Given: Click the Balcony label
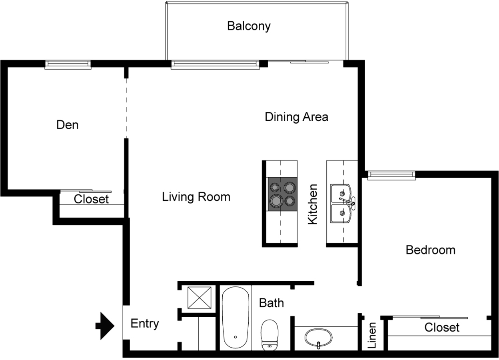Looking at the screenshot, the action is tap(249, 26).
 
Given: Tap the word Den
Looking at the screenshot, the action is tap(67, 125).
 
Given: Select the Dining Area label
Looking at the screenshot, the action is tap(297, 117).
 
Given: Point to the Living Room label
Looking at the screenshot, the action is tap(196, 197).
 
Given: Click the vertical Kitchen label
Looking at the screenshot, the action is tap(313, 204).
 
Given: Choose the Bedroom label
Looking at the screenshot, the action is tap(431, 250).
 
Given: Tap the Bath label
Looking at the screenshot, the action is tap(271, 303).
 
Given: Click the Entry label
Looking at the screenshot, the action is tap(145, 324).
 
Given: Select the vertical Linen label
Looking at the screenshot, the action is tap(372, 335).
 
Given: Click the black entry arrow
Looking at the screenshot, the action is tap(105, 326).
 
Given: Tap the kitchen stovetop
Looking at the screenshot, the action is tap(282, 194).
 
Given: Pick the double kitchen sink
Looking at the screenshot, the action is tap(343, 203).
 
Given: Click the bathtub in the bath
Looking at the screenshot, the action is tap(236, 318).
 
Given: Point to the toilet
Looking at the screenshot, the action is tap(269, 335).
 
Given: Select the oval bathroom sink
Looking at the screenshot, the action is tap(319, 338).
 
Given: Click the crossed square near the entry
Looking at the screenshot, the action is tap(200, 298).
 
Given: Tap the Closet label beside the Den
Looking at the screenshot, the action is tap(91, 199).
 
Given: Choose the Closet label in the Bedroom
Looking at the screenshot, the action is tap(442, 328).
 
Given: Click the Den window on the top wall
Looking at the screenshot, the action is tap(68, 65).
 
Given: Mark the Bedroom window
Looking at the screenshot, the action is tap(391, 176).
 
